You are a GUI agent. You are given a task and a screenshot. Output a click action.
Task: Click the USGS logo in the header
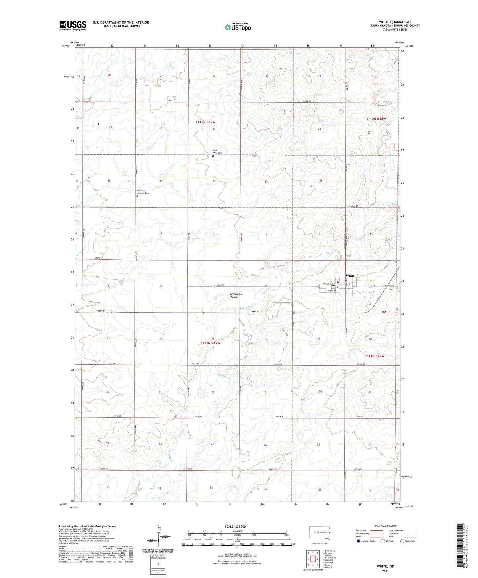point(73,25)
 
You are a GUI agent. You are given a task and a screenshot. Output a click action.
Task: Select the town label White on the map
point(350,276)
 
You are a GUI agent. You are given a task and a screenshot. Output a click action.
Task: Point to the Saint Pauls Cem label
point(217,152)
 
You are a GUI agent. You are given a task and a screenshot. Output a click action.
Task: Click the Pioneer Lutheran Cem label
point(143,192)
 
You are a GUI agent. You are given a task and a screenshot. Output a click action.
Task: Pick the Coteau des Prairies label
point(236,295)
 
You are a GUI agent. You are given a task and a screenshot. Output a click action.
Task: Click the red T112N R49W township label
point(205,122)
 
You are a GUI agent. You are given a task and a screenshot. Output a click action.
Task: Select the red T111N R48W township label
point(374,356)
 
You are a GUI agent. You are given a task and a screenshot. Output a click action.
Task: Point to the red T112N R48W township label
point(376,119)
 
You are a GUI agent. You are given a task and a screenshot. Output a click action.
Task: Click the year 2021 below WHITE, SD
point(385,571)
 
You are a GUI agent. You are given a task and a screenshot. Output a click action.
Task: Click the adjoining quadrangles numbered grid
point(313,560)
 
